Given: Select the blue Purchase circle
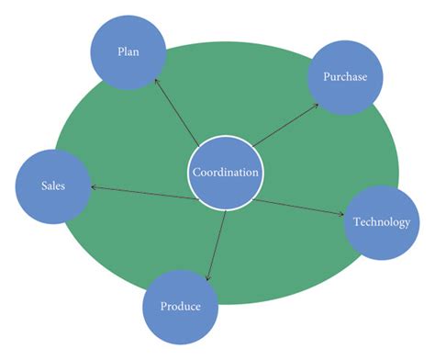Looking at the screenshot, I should tap(344, 77).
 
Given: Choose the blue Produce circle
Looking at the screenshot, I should tap(181, 306).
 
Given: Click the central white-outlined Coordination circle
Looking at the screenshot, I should tap(225, 172).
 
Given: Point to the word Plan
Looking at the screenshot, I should tap(128, 51).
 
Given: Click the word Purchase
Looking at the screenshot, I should tap(344, 77).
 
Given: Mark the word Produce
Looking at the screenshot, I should tap(181, 306).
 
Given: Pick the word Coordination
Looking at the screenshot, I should tap(225, 172).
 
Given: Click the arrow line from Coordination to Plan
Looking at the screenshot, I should tap(176, 112).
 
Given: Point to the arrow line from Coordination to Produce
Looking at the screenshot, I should tap(217, 241).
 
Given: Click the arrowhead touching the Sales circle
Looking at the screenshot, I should tap(94, 188).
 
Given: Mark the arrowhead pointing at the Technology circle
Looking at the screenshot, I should tap(342, 216).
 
